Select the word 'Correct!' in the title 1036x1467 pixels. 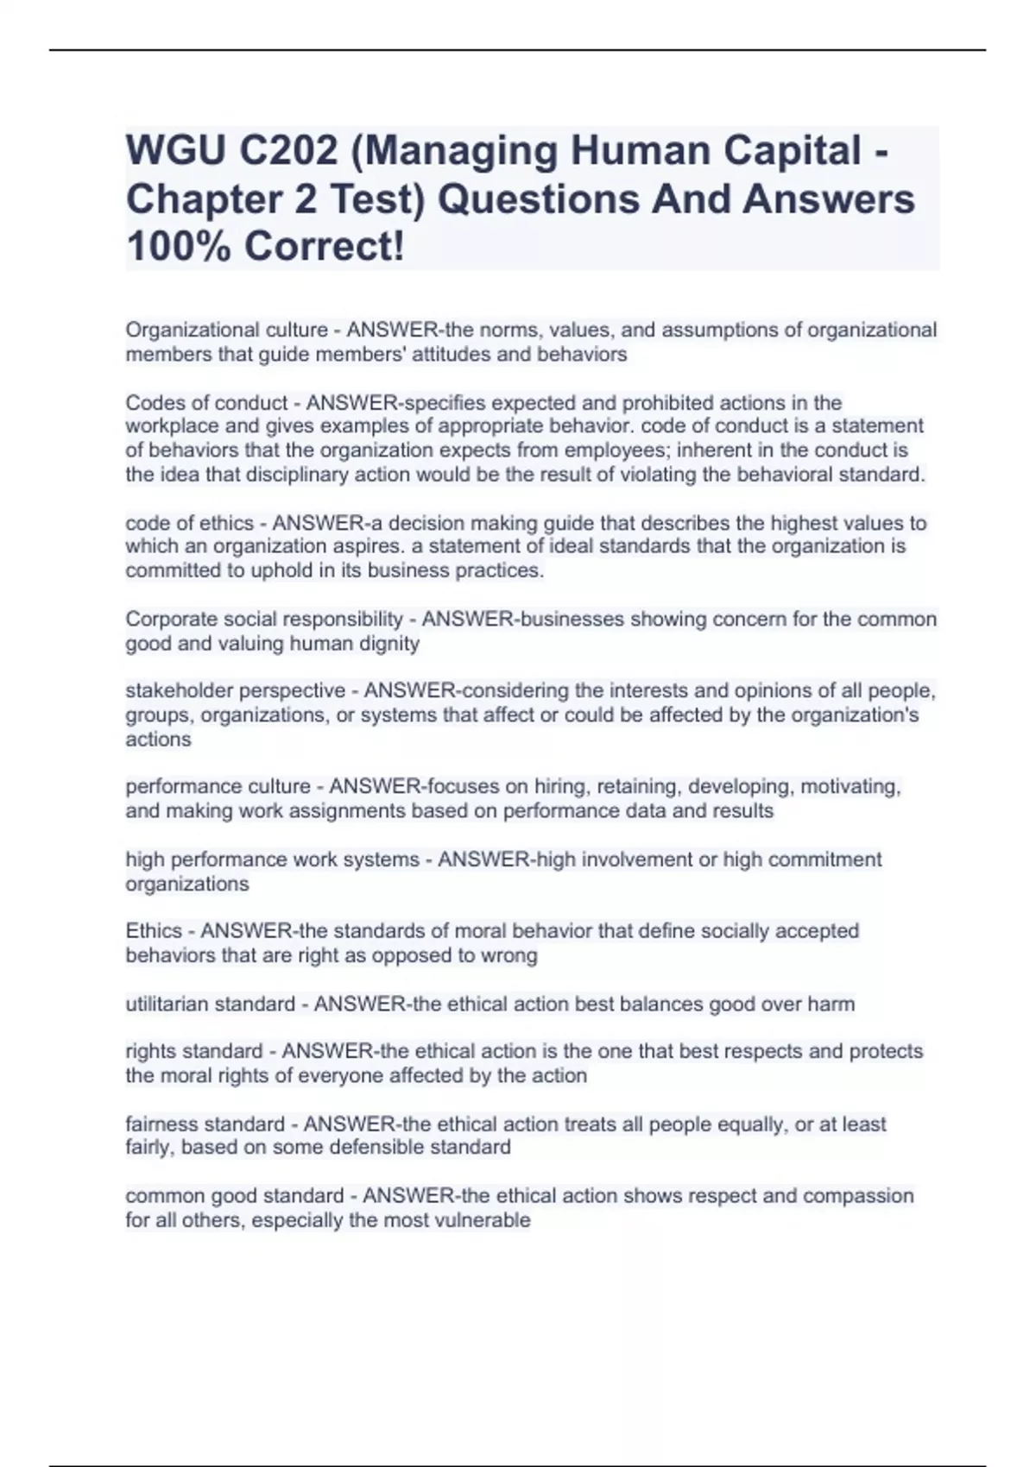click(x=324, y=247)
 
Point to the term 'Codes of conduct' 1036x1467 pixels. click(x=206, y=403)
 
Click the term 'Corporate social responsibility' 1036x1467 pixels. click(x=264, y=620)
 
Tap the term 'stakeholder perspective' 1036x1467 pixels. click(x=235, y=690)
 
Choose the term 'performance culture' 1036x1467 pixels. click(x=218, y=787)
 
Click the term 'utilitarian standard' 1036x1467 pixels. click(x=210, y=1004)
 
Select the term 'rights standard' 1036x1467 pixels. click(x=194, y=1052)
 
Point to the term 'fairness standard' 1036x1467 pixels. click(x=205, y=1124)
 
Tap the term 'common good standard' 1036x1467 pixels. click(x=234, y=1196)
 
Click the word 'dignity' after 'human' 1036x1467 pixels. click(x=389, y=644)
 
